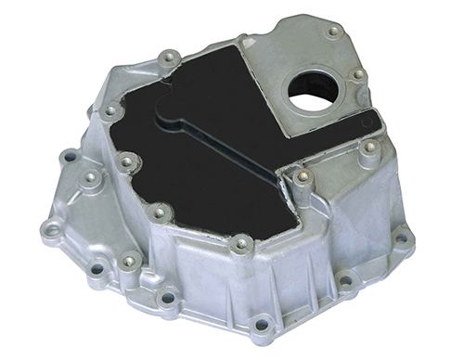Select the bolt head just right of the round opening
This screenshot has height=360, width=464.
tap(358, 75)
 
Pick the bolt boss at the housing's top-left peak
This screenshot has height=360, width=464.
tap(167, 58)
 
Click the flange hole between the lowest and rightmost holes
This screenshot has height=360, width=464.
tap(345, 278)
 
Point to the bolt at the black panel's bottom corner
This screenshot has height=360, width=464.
tap(242, 245)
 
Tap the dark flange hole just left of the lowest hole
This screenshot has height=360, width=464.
tap(168, 298)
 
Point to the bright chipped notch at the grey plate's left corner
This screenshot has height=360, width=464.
tap(243, 40)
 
